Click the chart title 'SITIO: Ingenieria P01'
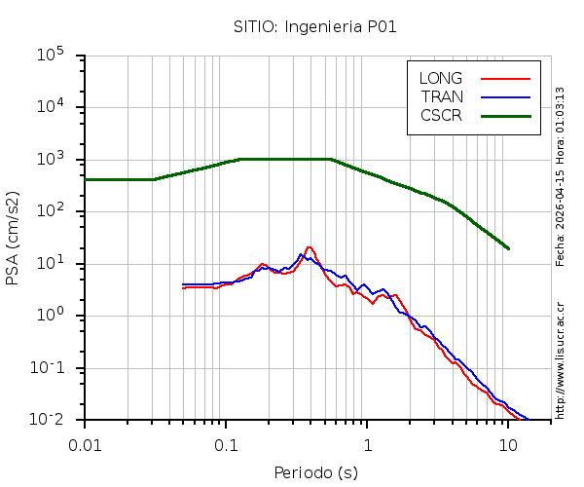[x=314, y=26]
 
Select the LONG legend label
[x=441, y=78]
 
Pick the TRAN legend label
[x=442, y=96]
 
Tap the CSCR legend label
[x=441, y=115]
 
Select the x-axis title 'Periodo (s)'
[x=314, y=473]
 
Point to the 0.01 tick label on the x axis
[x=85, y=444]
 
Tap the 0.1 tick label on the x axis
[x=226, y=444]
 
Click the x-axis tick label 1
[x=368, y=444]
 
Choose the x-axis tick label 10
[x=508, y=444]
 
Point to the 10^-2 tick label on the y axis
[x=55, y=419]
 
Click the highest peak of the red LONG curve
[x=309, y=247]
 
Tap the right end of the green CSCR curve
[x=508, y=248]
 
